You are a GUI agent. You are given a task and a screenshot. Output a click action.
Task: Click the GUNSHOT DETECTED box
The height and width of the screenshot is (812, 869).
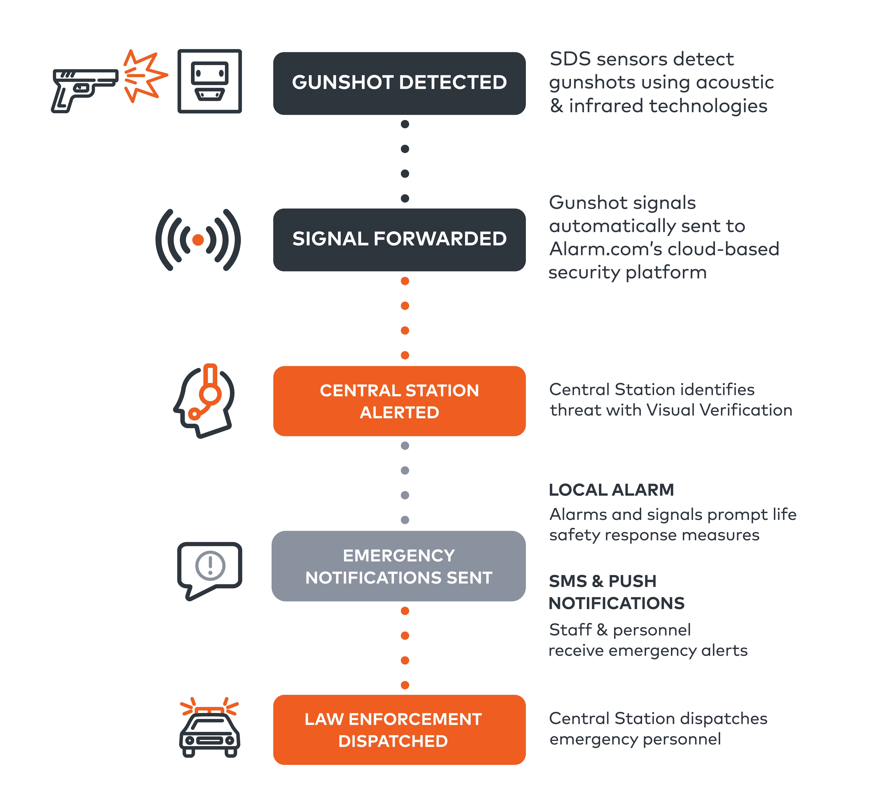399,83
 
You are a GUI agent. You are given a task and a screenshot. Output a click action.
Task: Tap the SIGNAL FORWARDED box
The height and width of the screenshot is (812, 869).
399,240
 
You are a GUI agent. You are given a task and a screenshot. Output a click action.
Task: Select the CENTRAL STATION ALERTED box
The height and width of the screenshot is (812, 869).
399,401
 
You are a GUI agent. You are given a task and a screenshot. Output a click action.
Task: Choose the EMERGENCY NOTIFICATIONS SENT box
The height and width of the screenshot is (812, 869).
398,566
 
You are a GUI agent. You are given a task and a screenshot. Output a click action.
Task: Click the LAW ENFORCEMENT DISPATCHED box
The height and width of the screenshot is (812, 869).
399,730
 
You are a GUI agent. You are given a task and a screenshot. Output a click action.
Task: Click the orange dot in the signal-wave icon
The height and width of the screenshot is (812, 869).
198,240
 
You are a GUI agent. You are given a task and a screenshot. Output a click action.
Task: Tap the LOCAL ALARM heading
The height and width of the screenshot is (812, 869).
611,490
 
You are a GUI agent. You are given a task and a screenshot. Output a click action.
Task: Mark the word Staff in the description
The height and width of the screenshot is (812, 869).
570,630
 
